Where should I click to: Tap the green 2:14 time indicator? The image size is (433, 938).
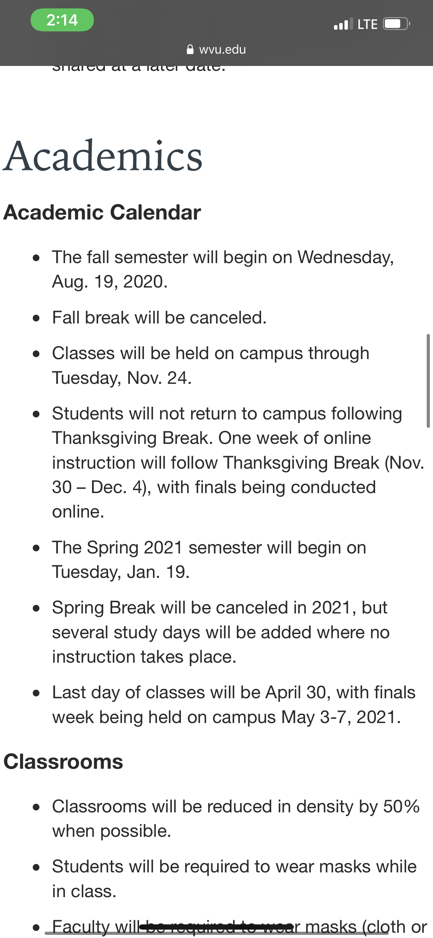62,20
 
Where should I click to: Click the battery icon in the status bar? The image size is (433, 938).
396,24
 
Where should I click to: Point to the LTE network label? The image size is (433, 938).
367,24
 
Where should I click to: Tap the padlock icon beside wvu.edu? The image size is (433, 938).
190,50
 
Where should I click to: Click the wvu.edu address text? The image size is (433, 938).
222,50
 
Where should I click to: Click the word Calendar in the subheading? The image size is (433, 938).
155,212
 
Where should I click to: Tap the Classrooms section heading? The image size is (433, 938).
63,761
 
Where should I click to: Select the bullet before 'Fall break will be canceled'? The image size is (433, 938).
36,318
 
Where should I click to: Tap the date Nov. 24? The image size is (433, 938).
159,378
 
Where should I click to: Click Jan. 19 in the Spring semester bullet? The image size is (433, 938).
158,572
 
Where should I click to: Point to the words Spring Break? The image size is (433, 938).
104,608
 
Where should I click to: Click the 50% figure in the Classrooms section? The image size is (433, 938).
401,806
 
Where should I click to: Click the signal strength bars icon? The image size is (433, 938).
343,24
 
